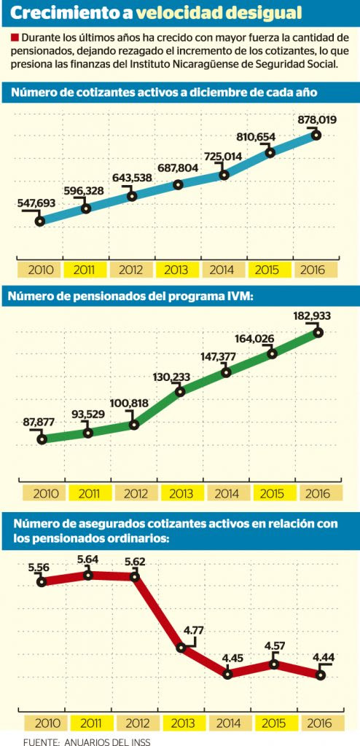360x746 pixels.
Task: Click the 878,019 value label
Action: click(317, 120)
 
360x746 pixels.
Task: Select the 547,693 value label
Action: click(36, 203)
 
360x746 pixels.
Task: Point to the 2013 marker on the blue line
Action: click(178, 184)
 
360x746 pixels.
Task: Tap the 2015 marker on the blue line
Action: click(270, 152)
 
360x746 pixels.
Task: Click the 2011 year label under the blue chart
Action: click(86, 270)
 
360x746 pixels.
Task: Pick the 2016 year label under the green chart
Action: click(317, 493)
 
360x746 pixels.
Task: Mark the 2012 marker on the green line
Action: click(134, 425)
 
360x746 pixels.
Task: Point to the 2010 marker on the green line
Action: click(42, 439)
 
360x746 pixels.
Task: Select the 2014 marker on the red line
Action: click(227, 674)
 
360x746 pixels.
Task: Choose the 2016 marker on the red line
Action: click(321, 674)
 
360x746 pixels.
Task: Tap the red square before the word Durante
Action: click(13, 38)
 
